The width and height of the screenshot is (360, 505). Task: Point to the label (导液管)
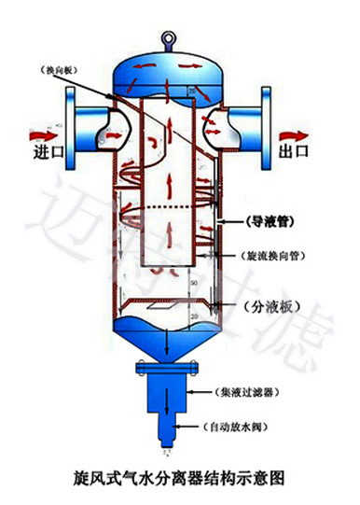[x=272, y=223]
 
